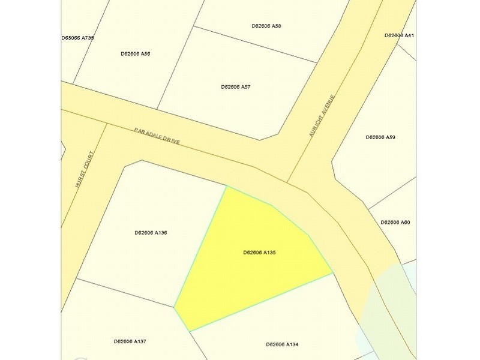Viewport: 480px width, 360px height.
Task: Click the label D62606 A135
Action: pos(259,253)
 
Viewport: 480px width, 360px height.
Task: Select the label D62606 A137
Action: pos(130,341)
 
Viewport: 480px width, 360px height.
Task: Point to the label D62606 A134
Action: pos(282,344)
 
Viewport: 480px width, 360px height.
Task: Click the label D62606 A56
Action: pos(135,53)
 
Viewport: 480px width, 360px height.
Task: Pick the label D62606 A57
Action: pos(236,87)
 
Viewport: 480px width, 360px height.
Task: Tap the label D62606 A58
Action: pos(266,26)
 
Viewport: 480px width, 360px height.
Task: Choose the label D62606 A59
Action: pos(380,137)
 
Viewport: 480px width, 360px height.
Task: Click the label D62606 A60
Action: pos(395,223)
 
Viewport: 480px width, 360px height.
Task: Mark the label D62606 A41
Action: pos(399,35)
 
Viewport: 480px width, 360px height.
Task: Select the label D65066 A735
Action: pos(78,38)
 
